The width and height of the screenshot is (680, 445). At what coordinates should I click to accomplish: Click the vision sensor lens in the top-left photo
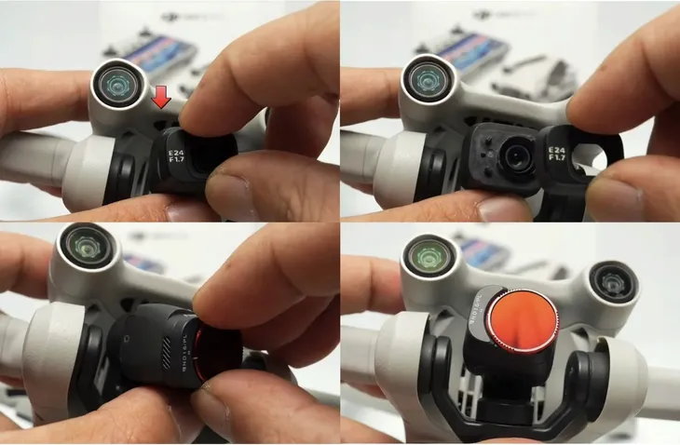pyautogui.click(x=117, y=81)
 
